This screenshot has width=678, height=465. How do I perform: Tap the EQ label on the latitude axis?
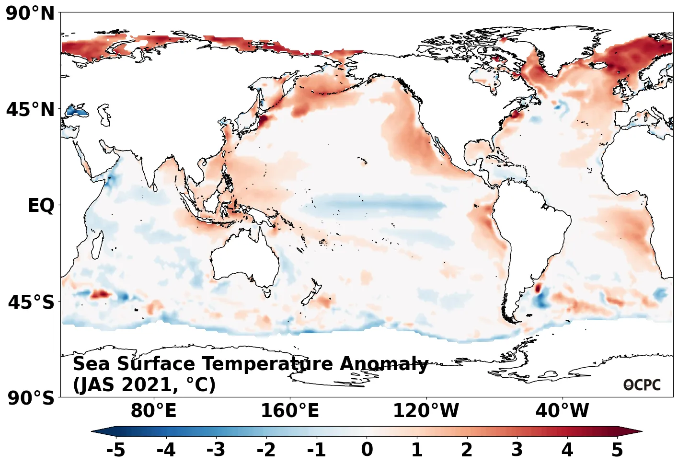41,206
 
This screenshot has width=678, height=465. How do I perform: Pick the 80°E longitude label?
153,411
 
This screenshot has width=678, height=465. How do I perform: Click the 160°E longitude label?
289,411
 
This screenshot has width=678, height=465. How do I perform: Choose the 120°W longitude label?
425,411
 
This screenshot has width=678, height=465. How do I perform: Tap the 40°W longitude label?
562,411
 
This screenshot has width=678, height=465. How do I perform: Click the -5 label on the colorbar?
115,450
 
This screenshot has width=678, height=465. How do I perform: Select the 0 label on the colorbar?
367,450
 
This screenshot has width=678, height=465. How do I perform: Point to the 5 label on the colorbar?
617,450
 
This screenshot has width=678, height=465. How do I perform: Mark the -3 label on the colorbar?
216,450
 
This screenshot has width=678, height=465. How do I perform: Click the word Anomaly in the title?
384,364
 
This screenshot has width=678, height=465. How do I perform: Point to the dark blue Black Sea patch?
77,112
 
